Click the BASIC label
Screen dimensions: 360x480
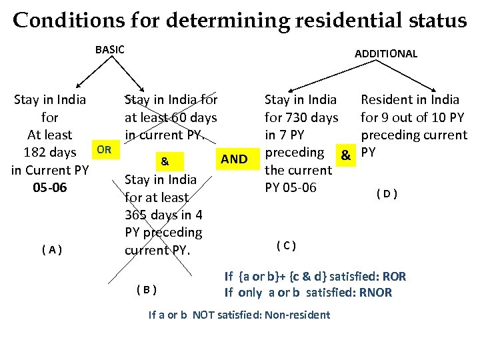[x=110, y=49]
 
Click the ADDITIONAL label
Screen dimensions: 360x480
[x=386, y=53]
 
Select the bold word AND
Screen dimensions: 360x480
[x=234, y=159]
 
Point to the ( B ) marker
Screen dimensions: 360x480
[x=145, y=289]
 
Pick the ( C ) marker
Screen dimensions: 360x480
[x=286, y=245]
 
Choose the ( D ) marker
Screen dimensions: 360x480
[x=387, y=194]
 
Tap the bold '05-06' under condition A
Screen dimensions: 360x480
[x=50, y=187]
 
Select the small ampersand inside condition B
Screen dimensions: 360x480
[x=165, y=161]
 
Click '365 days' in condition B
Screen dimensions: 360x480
[x=149, y=215]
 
